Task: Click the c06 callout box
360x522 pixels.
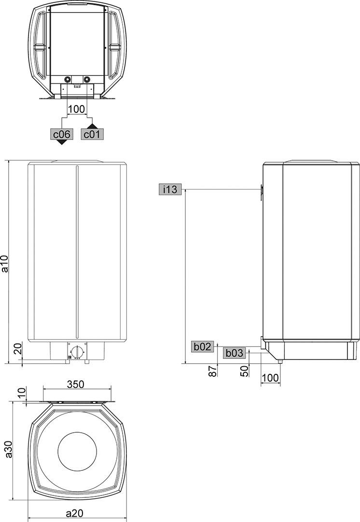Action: [62, 134]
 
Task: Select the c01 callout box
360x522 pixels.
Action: [92, 134]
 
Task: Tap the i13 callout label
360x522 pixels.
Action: [170, 190]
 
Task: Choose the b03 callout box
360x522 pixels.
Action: [235, 353]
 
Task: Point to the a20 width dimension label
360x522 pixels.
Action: [74, 513]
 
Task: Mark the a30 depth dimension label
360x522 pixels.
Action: [9, 449]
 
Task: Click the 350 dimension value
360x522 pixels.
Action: [76, 384]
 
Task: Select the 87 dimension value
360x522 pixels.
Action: [213, 371]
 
